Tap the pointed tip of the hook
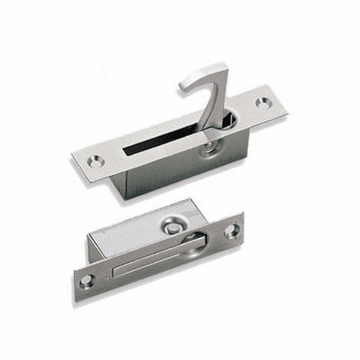(182, 86)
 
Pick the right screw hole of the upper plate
(263, 103)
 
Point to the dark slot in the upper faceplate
(162, 140)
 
